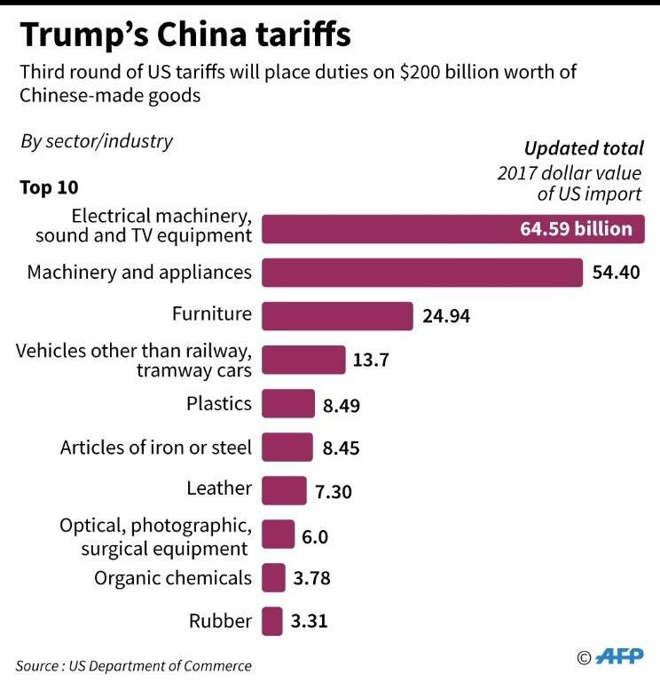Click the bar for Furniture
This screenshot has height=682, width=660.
(x=337, y=316)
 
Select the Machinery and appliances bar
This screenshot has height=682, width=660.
(x=421, y=273)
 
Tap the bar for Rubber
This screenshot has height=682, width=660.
(x=272, y=621)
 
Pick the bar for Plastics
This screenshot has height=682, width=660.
(x=288, y=403)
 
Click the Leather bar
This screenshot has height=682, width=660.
(x=284, y=490)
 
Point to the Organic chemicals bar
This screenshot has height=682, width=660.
(x=273, y=578)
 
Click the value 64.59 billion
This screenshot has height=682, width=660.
(x=576, y=229)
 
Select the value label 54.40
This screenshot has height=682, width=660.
(x=616, y=273)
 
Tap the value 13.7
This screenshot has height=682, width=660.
(x=372, y=361)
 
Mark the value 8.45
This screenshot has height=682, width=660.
(x=341, y=448)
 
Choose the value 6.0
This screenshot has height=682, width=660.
(x=316, y=536)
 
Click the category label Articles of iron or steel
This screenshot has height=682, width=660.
(x=155, y=447)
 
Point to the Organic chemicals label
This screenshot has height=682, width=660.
(x=173, y=578)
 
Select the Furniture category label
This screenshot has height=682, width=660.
(x=211, y=313)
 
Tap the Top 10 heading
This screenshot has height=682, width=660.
(x=49, y=187)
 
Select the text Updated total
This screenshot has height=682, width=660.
(x=584, y=148)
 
